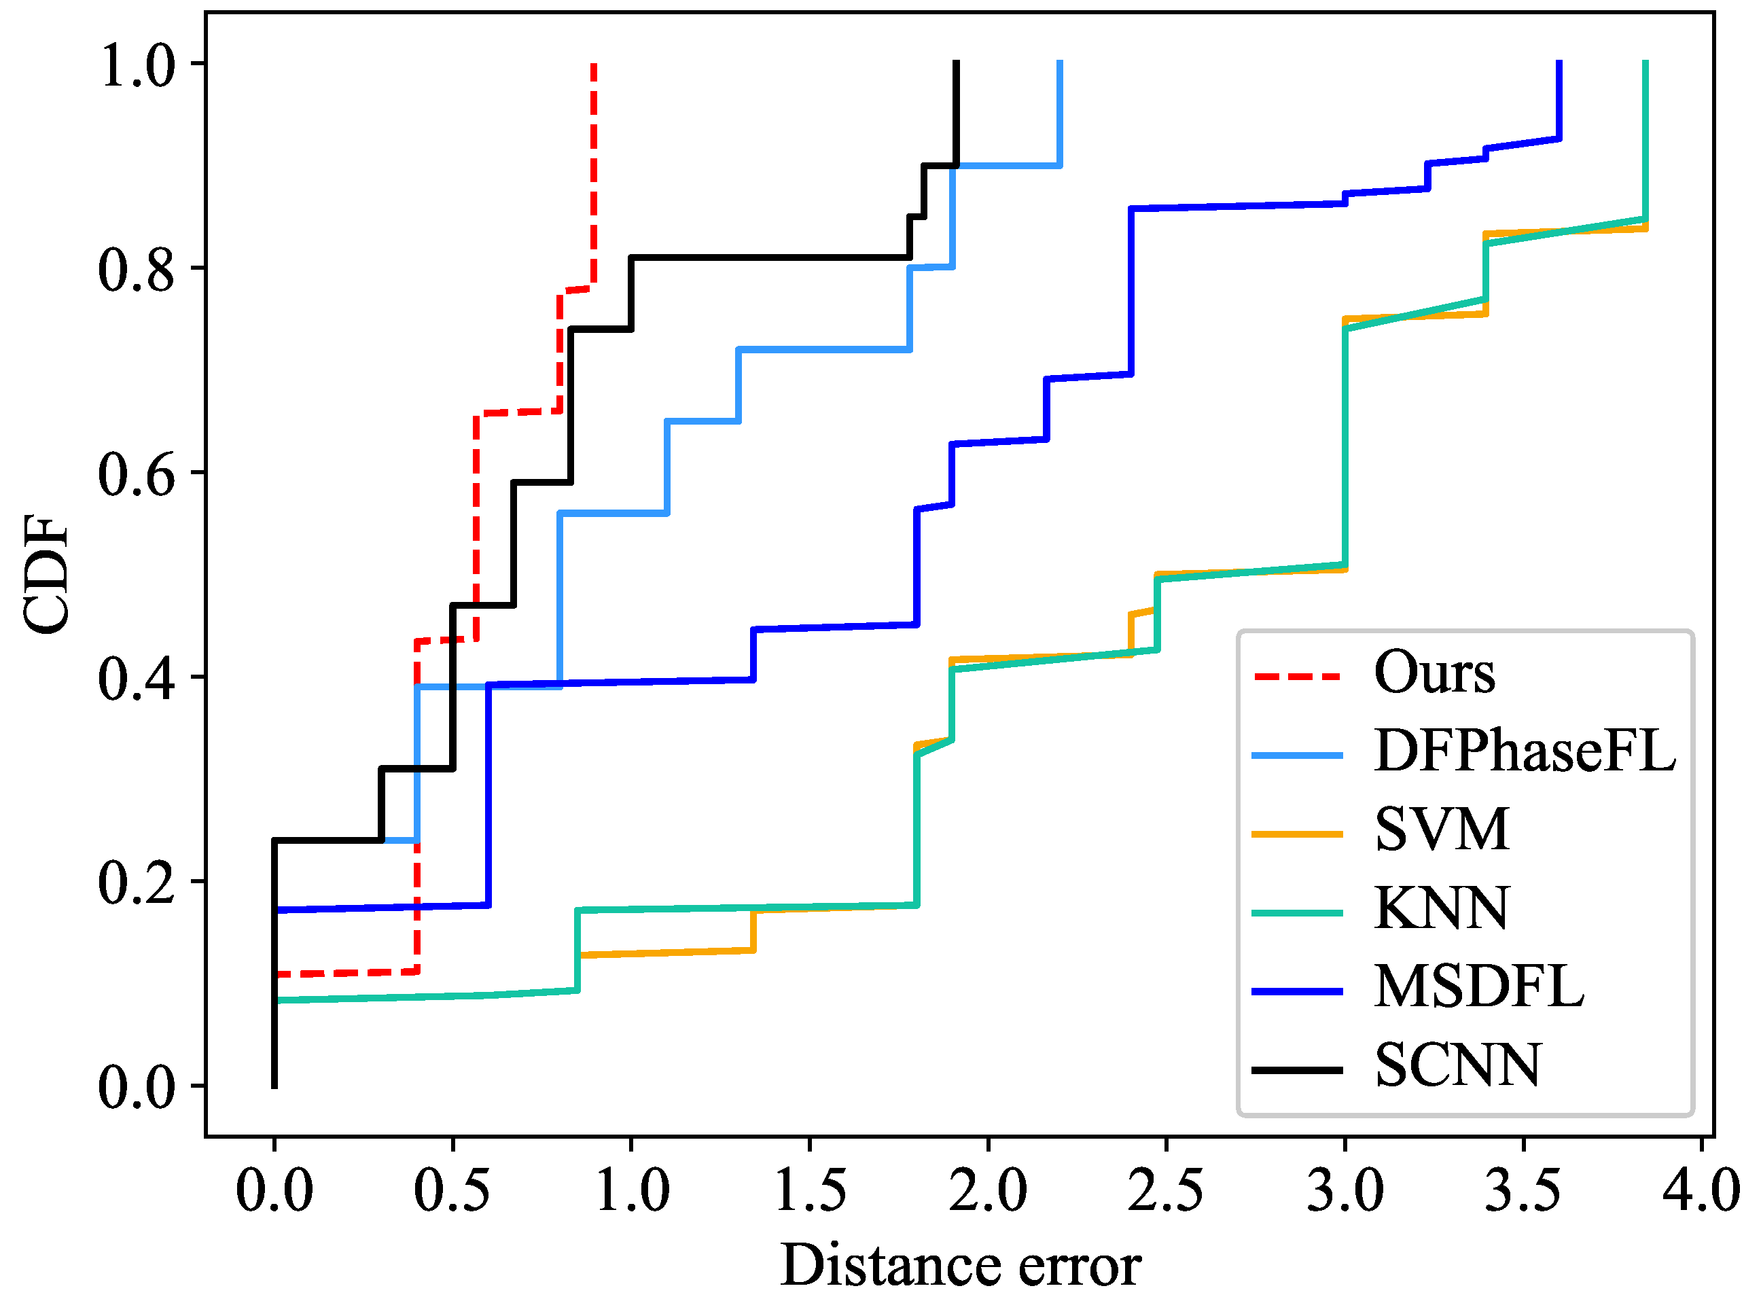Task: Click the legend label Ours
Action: pos(1434,673)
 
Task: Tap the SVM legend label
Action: pos(1442,830)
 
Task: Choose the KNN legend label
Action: pos(1442,909)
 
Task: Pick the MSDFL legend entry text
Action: pos(1480,988)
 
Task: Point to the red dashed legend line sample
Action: pos(1297,676)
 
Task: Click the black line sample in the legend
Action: pos(1297,1070)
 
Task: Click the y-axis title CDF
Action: pos(46,574)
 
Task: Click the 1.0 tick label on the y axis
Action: pos(135,65)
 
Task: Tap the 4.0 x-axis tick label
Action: pos(1701,1190)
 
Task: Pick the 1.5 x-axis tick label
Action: pos(810,1190)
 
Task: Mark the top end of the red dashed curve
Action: pos(594,65)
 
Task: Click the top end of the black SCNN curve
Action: pos(957,61)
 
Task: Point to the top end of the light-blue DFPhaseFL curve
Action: pos(1061,61)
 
